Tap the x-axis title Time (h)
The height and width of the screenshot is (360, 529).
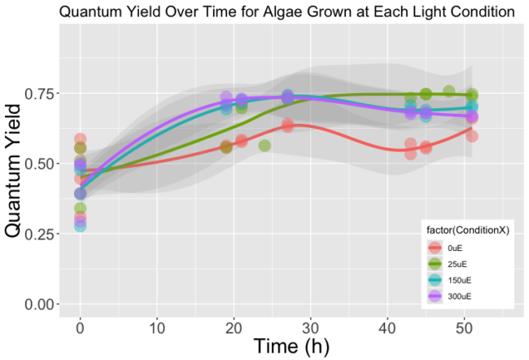click(291, 345)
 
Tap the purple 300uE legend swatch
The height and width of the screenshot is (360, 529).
click(435, 296)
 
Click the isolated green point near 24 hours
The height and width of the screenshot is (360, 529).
click(264, 146)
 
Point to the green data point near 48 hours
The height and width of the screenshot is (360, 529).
click(448, 91)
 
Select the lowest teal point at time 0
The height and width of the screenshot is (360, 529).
click(80, 226)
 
